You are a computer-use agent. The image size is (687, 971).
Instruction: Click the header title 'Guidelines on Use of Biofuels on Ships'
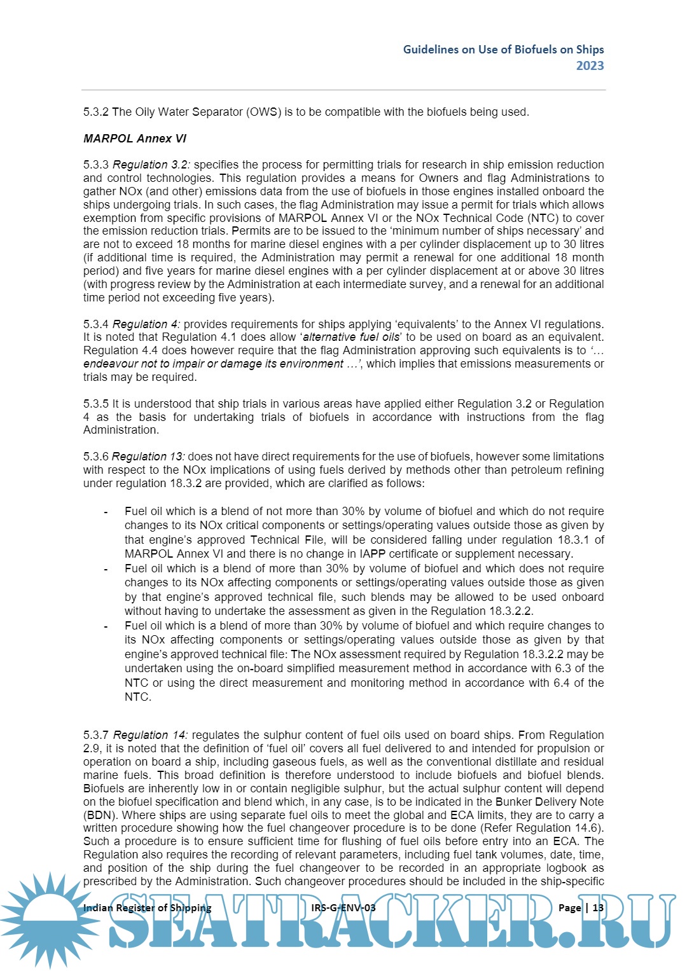click(503, 50)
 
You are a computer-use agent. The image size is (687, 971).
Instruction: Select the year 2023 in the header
click(590, 65)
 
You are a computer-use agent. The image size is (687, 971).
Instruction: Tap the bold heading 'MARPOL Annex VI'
click(135, 139)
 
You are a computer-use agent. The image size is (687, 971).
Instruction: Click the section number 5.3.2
click(96, 112)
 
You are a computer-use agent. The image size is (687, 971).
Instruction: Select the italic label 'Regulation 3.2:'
click(151, 165)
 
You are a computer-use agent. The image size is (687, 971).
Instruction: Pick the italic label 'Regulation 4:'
click(146, 324)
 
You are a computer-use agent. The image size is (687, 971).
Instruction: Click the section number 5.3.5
click(96, 404)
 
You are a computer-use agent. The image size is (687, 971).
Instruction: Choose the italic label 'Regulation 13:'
click(148, 457)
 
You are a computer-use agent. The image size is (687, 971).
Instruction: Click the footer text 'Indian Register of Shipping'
click(147, 907)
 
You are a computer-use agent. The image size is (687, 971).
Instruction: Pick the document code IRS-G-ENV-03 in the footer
click(343, 907)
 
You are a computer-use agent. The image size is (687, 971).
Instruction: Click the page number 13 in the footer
click(598, 907)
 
